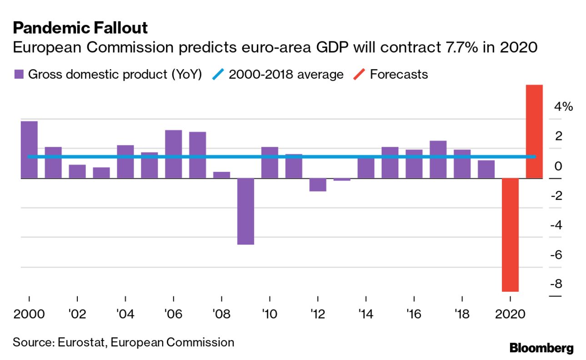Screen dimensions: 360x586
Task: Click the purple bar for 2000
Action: point(29,150)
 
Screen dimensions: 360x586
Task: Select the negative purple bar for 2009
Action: point(245,211)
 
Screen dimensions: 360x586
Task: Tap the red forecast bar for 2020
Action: point(510,234)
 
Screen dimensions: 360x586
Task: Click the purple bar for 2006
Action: point(173,154)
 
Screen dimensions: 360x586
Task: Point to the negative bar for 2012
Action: point(318,185)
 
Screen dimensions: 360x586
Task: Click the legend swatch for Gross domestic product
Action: point(19,75)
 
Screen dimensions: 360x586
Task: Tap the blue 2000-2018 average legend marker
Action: point(218,75)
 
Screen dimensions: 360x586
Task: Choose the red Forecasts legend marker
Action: point(359,75)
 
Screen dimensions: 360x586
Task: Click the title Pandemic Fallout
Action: point(80,28)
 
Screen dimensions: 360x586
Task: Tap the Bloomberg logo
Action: point(541,349)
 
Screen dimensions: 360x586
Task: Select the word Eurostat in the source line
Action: point(81,342)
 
